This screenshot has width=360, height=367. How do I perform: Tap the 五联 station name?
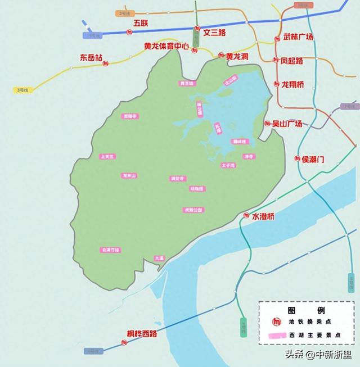point(141,23)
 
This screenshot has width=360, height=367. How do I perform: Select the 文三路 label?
point(214,33)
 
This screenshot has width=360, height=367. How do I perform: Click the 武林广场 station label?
point(298,37)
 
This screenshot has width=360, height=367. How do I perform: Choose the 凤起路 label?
point(292,60)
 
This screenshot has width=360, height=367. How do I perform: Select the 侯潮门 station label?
point(313,159)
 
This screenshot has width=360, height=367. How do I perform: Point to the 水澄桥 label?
point(263,216)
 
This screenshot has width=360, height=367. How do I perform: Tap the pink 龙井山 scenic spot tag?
point(129,176)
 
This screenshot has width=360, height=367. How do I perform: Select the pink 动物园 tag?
point(196,189)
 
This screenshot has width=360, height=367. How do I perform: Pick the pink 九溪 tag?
point(160,259)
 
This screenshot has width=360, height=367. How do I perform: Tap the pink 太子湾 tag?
point(228,166)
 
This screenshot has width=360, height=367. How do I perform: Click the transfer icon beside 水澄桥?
point(246,216)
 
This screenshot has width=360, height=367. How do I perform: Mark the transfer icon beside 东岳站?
point(106,65)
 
